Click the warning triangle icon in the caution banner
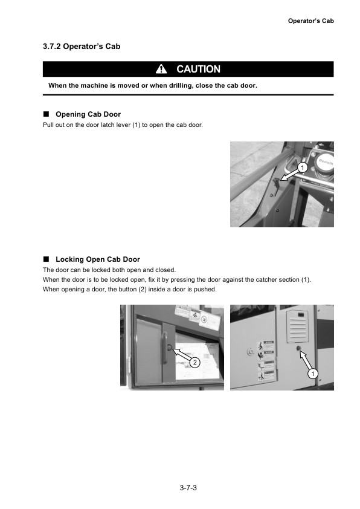(162, 70)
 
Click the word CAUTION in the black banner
(198, 70)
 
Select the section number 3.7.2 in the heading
(53, 47)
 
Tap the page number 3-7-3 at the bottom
(188, 487)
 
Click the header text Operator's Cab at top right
(310, 21)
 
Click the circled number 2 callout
(195, 362)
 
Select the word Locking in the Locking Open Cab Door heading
(71, 259)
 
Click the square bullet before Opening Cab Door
(46, 114)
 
